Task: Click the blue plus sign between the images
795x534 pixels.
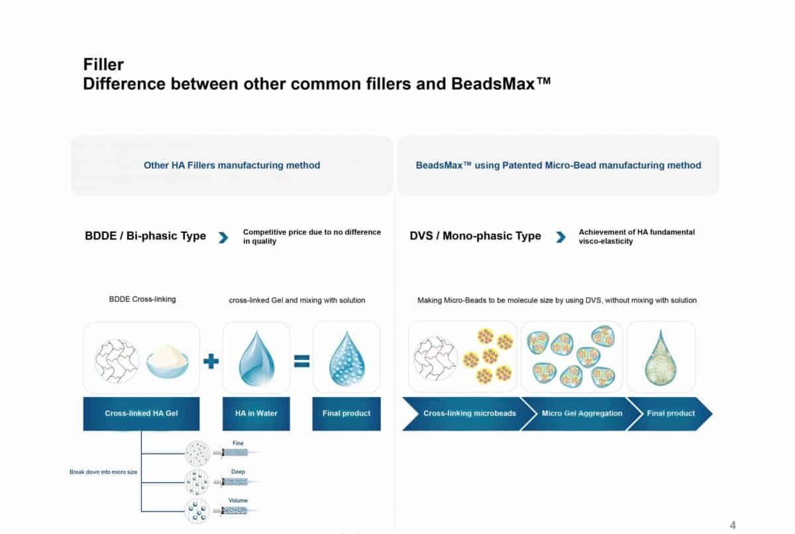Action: click(x=211, y=361)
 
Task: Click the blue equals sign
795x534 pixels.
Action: click(x=301, y=361)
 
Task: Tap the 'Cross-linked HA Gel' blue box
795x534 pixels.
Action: click(x=141, y=414)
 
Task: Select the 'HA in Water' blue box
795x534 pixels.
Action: click(x=256, y=414)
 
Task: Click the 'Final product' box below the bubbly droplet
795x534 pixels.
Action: click(x=346, y=414)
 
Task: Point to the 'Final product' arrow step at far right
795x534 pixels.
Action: click(x=669, y=414)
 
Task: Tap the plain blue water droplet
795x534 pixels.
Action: click(x=256, y=357)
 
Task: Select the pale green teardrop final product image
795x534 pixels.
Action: click(x=660, y=359)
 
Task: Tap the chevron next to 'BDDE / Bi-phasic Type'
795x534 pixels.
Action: click(x=223, y=237)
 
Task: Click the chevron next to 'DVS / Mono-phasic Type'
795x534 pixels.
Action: click(x=560, y=237)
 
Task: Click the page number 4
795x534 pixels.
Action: click(x=733, y=525)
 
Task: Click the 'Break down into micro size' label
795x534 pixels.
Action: click(x=103, y=472)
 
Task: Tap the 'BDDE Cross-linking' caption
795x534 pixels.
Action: click(x=142, y=299)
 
